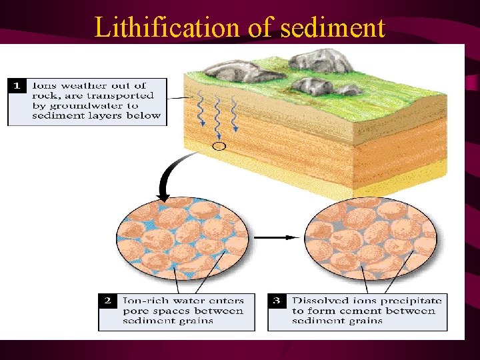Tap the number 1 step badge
coord(18,85)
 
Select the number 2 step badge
coord(108,301)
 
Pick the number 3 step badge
coord(277,301)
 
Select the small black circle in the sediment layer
coord(219,146)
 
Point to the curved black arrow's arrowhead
coord(163,197)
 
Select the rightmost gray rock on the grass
coord(313,85)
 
